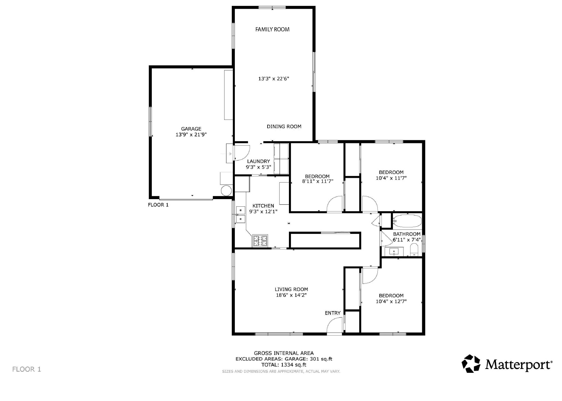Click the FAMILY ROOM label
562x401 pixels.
[x=272, y=29]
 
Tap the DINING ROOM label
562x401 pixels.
[x=284, y=126]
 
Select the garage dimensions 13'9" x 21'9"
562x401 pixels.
[x=191, y=134]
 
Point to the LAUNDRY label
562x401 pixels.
[x=258, y=161]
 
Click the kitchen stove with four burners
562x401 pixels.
[x=260, y=241]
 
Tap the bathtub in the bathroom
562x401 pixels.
[x=407, y=221]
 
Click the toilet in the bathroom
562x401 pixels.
[x=414, y=250]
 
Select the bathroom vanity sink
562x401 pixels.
[x=394, y=251]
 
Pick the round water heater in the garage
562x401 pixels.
[x=226, y=191]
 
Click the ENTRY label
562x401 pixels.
[x=333, y=313]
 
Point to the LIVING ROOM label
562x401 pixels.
[x=291, y=289]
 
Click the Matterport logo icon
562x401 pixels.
[x=471, y=363]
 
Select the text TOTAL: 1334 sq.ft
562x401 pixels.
[x=284, y=365]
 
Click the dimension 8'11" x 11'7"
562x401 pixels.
[x=318, y=181]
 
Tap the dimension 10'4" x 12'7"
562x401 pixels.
[x=391, y=301]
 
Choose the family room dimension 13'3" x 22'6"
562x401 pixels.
[x=274, y=79]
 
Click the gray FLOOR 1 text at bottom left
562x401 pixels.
[x=27, y=369]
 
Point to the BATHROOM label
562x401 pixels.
[x=407, y=234]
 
